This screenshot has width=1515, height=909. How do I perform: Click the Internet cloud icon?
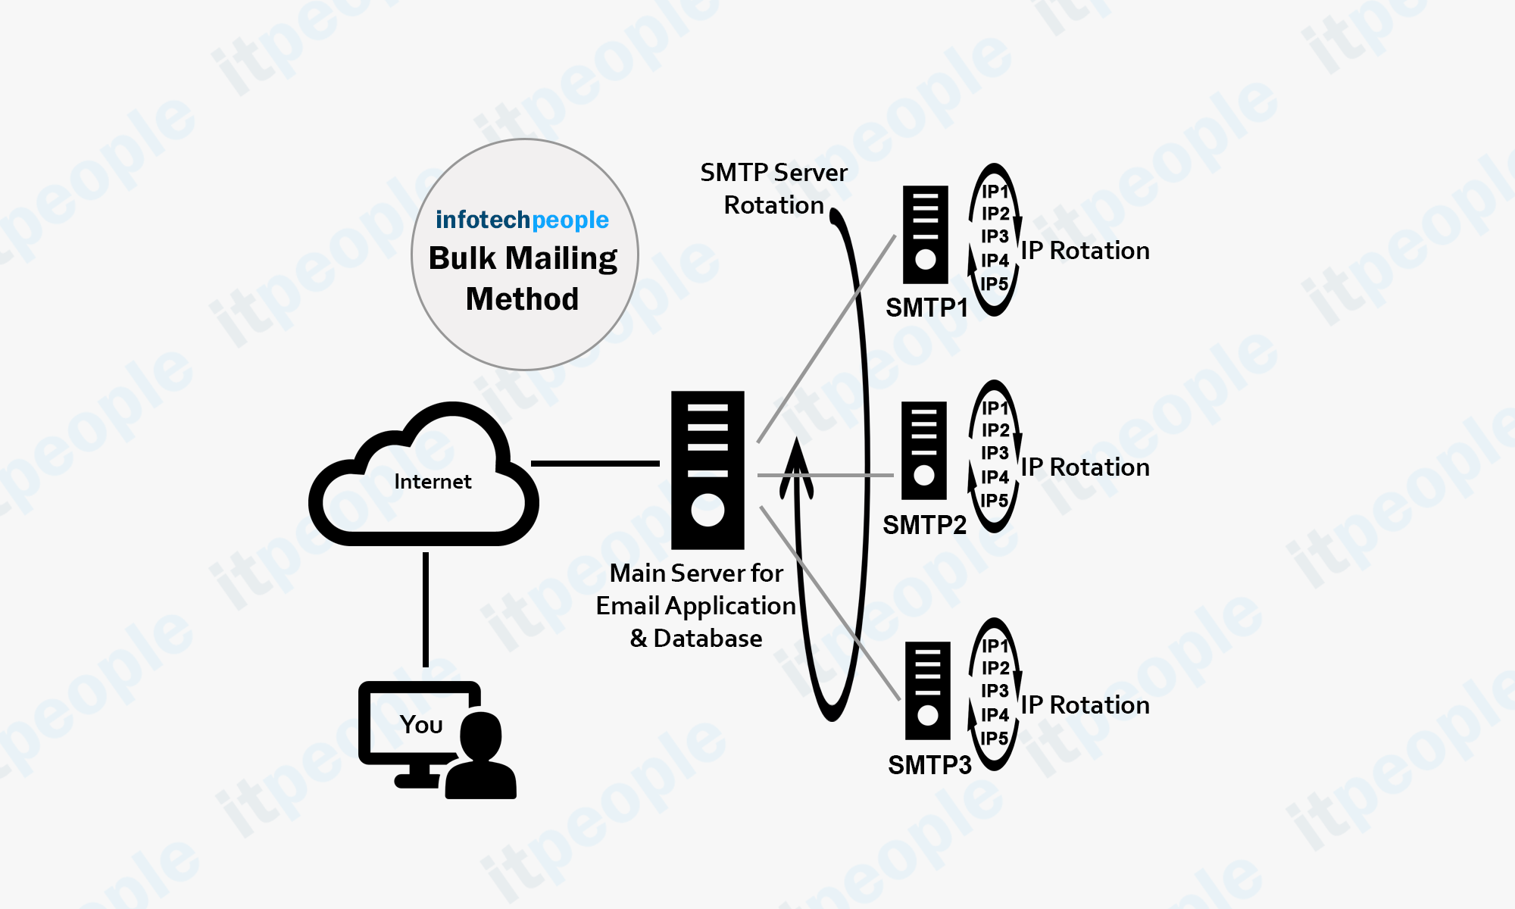click(x=424, y=477)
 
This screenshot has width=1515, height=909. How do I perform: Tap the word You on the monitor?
click(x=421, y=725)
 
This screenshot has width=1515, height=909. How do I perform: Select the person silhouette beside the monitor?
click(x=481, y=757)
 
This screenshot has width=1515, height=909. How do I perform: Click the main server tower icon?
click(x=708, y=470)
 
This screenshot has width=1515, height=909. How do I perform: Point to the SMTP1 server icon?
click(x=925, y=235)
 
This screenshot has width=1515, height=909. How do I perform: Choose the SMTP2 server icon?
click(x=924, y=450)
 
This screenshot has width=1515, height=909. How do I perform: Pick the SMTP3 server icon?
click(x=927, y=690)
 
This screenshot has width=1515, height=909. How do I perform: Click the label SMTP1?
click(x=926, y=308)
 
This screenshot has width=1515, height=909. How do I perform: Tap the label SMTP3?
click(x=929, y=765)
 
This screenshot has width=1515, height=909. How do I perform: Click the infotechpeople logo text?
click(x=522, y=220)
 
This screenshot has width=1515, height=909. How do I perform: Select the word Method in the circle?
click(x=522, y=299)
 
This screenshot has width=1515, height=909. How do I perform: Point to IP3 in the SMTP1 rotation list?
click(x=995, y=236)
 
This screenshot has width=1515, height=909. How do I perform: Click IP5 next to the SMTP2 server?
click(x=994, y=500)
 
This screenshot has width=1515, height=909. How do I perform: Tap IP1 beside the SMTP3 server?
click(x=995, y=645)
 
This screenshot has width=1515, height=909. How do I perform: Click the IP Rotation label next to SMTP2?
click(x=1085, y=467)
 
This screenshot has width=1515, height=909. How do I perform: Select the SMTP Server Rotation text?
click(x=773, y=189)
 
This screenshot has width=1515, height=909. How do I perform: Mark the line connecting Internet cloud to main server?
click(x=595, y=463)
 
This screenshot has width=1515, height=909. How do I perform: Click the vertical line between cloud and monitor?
click(x=426, y=610)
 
